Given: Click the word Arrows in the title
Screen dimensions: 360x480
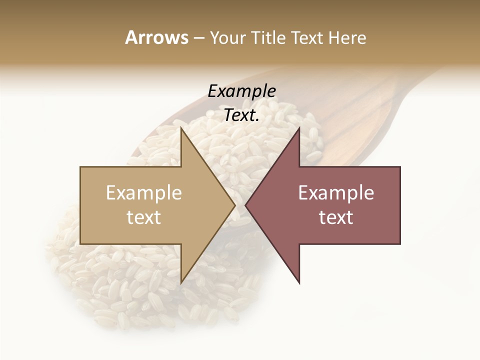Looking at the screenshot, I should click(x=156, y=37).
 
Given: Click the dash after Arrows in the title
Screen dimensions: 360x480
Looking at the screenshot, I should click(x=198, y=38).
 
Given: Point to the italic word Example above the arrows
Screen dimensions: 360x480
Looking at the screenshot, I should click(x=241, y=91).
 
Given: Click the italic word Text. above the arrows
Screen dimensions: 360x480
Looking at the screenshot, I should click(x=241, y=115).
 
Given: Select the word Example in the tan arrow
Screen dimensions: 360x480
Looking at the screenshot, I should click(x=143, y=193).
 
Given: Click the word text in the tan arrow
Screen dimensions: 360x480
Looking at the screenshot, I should click(x=143, y=217).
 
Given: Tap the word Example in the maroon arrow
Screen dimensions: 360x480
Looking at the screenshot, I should click(x=336, y=193).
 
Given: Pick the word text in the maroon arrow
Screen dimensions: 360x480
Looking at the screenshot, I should click(x=336, y=217).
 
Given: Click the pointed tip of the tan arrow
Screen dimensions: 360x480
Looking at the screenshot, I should click(x=235, y=205).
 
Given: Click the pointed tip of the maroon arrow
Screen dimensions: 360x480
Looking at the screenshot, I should click(x=245, y=205).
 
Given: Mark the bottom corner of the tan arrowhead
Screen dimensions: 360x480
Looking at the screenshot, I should click(x=181, y=283).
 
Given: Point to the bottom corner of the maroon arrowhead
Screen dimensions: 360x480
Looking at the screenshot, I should click(x=299, y=283).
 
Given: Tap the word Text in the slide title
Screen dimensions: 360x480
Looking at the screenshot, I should click(x=308, y=37).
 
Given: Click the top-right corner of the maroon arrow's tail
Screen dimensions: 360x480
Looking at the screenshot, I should click(x=400, y=167).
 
